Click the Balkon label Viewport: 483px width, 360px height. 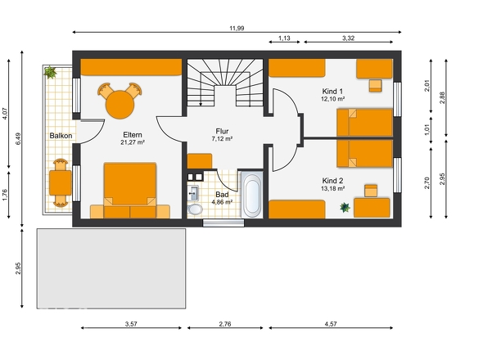point(61,136)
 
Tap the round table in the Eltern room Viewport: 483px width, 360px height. point(120,105)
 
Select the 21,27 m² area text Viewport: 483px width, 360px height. point(133,142)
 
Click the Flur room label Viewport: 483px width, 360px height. point(222,131)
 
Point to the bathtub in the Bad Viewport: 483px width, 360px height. point(252,195)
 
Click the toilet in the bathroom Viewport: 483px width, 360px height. point(195,209)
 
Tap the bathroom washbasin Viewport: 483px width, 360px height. point(193,193)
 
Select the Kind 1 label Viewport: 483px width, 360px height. point(332,92)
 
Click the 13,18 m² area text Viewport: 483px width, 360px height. point(332,188)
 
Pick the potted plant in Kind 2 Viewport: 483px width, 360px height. point(345,207)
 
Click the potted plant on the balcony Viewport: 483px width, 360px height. point(50,72)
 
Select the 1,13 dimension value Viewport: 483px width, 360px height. point(284,38)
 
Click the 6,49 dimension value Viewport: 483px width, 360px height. point(18,139)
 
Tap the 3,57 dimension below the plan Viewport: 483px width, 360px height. point(131,324)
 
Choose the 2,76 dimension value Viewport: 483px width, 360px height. point(225,324)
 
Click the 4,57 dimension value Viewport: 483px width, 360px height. point(331,324)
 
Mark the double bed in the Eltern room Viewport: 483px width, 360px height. point(130,187)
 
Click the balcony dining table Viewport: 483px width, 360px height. point(61,183)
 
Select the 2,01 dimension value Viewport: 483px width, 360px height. point(427,86)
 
